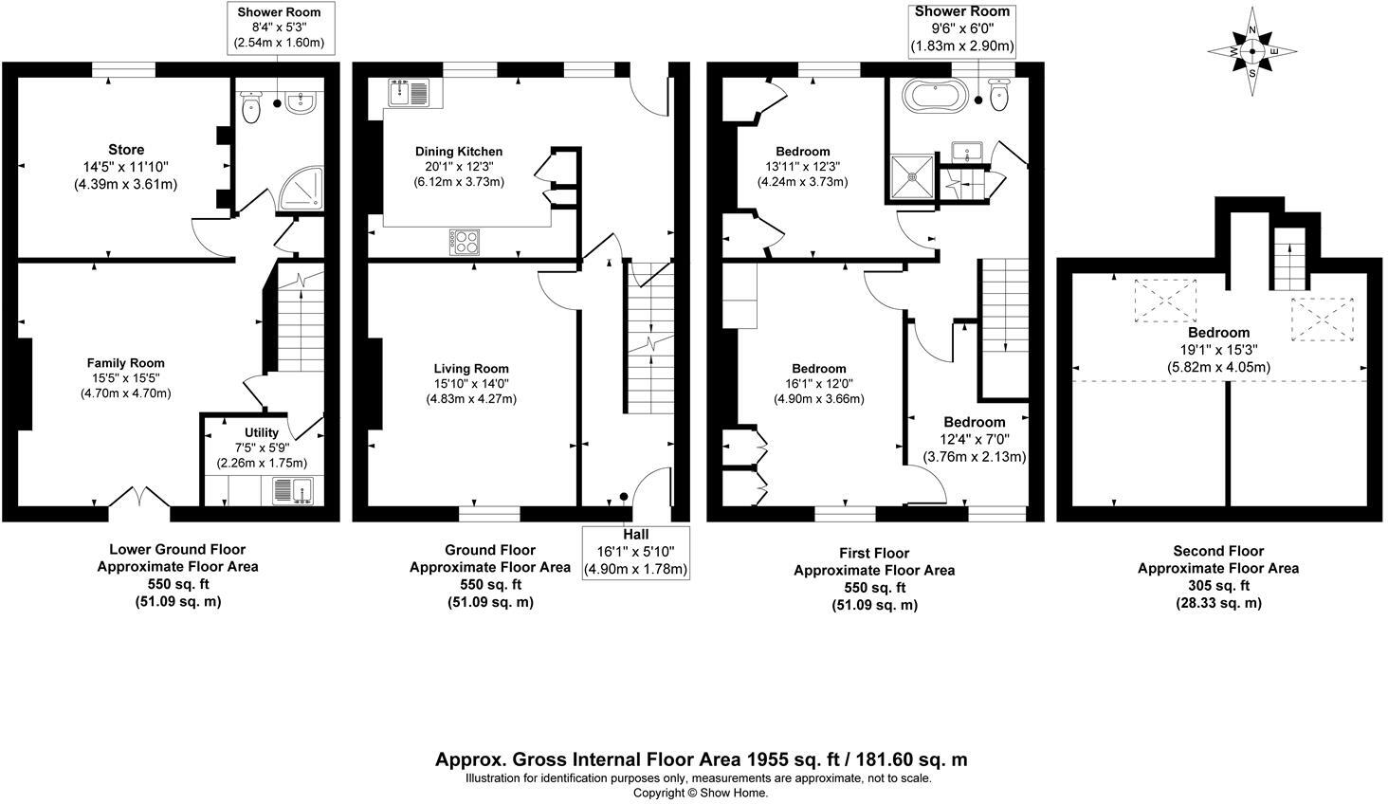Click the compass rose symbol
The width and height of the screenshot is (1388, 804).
coord(1252,51)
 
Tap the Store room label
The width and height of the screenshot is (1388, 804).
coord(126,150)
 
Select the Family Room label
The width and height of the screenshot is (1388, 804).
coord(125,363)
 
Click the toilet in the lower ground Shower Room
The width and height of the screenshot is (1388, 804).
coord(251,108)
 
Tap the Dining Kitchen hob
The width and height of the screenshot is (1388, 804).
coord(466,242)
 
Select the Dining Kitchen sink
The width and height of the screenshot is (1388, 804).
coord(410,93)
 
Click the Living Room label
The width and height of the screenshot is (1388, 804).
coord(471,369)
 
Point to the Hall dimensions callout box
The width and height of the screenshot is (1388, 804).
coord(635,552)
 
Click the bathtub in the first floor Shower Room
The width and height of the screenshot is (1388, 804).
coord(936,96)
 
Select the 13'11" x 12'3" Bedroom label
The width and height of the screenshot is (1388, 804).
coord(802,152)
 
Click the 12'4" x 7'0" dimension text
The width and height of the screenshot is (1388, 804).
coord(975,439)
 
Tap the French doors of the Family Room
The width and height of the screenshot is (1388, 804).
coord(139,497)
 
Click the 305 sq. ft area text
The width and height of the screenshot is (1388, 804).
coord(1217,586)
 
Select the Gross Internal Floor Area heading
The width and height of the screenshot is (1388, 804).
coord(701,759)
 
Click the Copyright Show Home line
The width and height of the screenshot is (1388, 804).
coord(701,793)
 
